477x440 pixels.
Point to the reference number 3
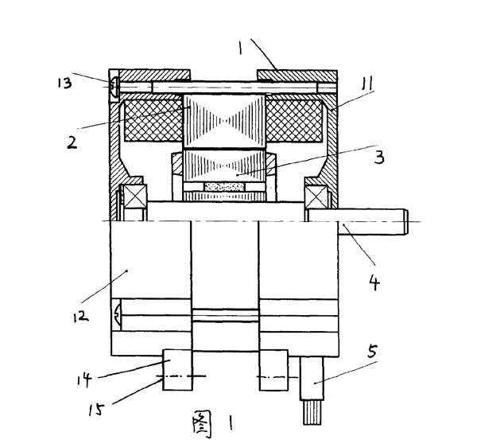(379, 156)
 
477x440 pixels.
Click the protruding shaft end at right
(374, 220)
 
